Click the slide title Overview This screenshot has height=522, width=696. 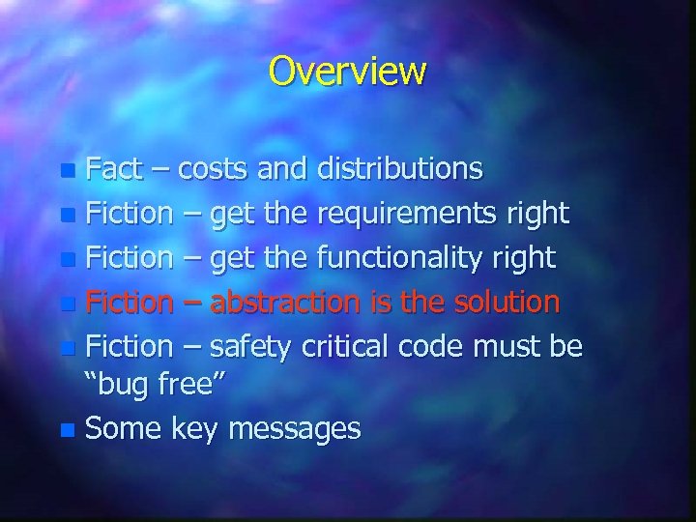347,71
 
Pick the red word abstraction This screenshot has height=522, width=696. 288,302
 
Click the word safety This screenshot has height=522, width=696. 254,345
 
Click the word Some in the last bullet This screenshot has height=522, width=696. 125,428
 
